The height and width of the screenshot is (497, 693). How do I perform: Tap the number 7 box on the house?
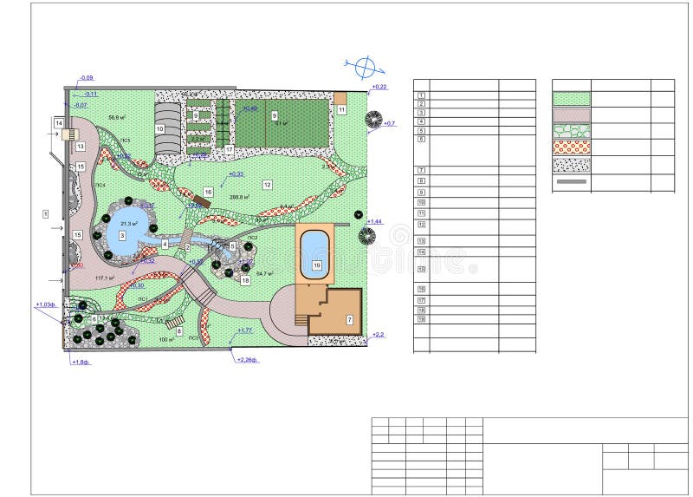click(x=350, y=320)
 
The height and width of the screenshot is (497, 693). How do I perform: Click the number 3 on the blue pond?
click(x=122, y=235)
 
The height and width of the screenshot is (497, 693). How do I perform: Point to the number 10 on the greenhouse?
click(x=159, y=128)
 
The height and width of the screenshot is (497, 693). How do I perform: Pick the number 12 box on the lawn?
click(x=267, y=185)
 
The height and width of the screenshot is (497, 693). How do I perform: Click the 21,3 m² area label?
click(x=129, y=223)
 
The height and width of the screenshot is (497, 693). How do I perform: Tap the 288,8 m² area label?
click(x=240, y=197)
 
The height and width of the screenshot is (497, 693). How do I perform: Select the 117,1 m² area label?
click(x=106, y=278)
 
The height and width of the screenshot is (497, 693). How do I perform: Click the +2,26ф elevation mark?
click(x=248, y=359)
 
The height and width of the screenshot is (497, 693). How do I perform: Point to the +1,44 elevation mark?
click(x=375, y=222)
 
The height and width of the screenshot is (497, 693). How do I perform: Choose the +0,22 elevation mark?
click(x=379, y=87)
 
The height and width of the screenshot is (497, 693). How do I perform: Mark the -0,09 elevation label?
click(x=87, y=78)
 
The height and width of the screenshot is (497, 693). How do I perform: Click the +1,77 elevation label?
click(x=243, y=330)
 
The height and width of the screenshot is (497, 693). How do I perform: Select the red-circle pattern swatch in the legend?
click(x=571, y=147)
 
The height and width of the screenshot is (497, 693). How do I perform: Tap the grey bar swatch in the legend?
click(x=571, y=182)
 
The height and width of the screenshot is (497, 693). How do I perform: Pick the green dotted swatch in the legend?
click(x=571, y=99)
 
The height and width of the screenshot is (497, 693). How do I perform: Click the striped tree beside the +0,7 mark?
click(x=373, y=119)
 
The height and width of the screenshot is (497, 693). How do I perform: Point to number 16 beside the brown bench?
click(x=208, y=191)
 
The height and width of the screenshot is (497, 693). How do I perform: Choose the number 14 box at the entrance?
click(x=59, y=124)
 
